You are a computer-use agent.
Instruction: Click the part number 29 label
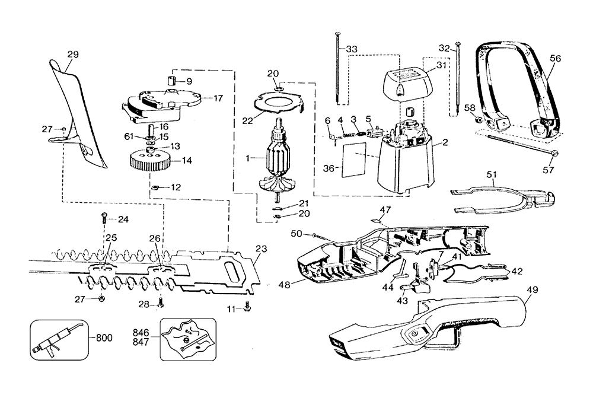click(73, 55)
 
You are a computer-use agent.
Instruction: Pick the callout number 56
click(555, 58)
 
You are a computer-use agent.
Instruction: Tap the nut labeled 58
click(478, 120)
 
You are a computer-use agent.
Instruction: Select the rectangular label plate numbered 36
click(354, 160)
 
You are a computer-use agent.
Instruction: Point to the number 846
click(141, 333)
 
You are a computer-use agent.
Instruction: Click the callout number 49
click(533, 290)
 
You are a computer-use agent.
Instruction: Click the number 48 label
click(285, 284)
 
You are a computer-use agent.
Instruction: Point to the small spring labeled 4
click(349, 133)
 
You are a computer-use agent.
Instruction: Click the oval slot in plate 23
click(231, 271)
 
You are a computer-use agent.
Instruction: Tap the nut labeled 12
click(154, 187)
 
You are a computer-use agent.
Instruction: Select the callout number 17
click(218, 98)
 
